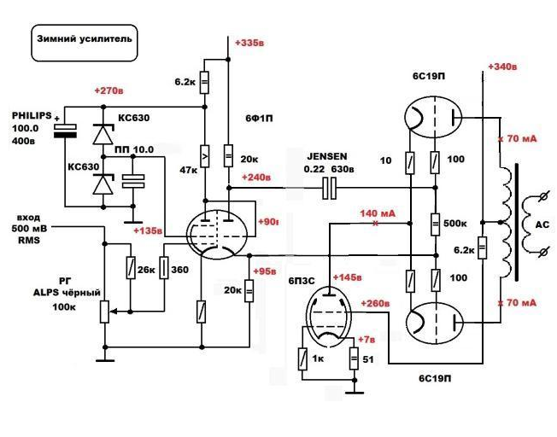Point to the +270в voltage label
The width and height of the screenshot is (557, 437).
click(110, 90)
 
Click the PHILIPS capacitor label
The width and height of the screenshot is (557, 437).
click(32, 114)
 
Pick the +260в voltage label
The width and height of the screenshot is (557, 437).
click(375, 302)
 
